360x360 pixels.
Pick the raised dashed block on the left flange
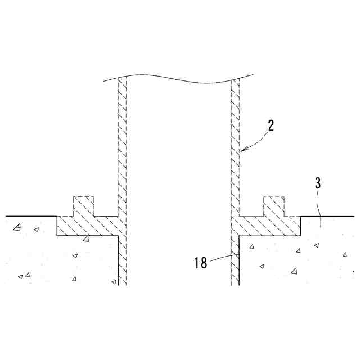tap(84, 206)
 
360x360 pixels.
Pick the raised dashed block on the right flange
tap(273, 206)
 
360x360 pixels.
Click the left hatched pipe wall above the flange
tap(122, 146)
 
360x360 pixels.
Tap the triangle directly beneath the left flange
tap(86, 240)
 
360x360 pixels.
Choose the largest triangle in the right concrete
tap(294, 271)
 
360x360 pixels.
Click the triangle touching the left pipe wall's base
tap(114, 281)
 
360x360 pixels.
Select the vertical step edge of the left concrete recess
tap(57, 226)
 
